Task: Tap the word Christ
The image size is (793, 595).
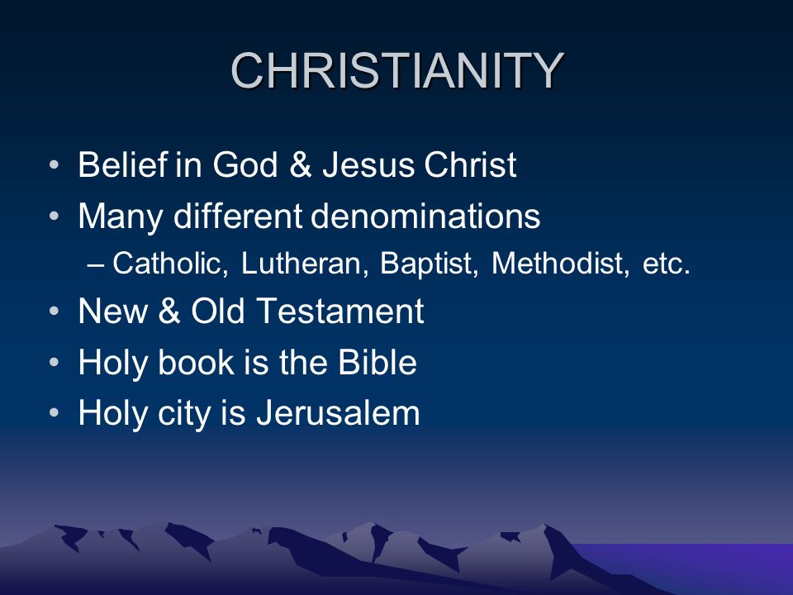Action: (x=470, y=164)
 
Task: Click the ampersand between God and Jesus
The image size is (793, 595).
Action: (x=301, y=164)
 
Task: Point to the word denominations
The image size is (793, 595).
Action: (x=425, y=216)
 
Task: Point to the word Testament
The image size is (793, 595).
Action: (x=340, y=311)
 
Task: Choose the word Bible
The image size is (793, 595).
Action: (x=378, y=362)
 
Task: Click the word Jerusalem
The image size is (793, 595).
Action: (x=338, y=413)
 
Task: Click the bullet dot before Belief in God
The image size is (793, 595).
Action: (x=55, y=165)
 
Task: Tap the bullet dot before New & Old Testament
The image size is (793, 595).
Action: (x=55, y=312)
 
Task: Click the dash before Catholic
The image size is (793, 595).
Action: (x=96, y=264)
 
